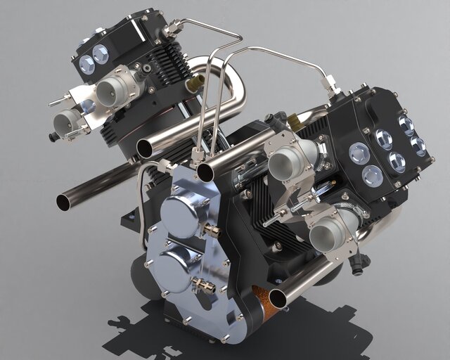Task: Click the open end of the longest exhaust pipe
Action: pos(64,202)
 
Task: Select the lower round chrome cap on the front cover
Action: pos(172,265)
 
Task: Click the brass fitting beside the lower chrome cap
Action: pos(200,285)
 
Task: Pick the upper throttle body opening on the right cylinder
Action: pos(283,165)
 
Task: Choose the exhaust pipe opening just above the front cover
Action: pos(206,172)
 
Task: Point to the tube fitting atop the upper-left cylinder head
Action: pos(169,30)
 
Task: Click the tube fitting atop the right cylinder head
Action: pos(328,85)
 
